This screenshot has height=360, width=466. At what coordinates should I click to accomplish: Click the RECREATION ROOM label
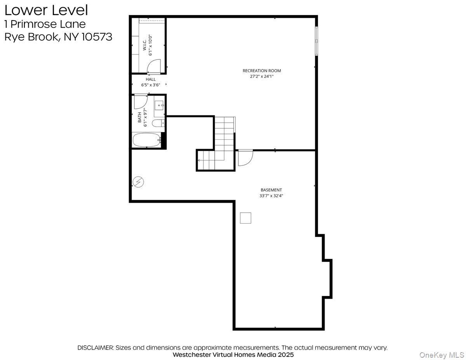click(x=261, y=71)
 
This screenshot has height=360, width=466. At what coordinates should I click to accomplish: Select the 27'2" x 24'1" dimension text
click(x=261, y=77)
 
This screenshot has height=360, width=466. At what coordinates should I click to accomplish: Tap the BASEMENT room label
click(x=271, y=190)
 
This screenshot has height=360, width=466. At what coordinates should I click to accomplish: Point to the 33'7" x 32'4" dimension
click(x=271, y=196)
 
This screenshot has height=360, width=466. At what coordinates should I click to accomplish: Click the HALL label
click(x=151, y=79)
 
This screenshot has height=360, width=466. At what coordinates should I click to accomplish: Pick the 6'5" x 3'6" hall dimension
click(x=151, y=85)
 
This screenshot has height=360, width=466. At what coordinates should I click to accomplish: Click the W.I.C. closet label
click(x=144, y=47)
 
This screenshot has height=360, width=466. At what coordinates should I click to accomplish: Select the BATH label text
click(x=140, y=118)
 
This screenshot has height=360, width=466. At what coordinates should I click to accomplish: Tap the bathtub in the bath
click(x=146, y=140)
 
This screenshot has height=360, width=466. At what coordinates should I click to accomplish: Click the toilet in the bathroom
click(x=158, y=123)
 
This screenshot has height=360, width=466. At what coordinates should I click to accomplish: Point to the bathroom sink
click(x=160, y=105)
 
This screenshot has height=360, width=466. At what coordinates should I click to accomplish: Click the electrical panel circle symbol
click(x=138, y=181)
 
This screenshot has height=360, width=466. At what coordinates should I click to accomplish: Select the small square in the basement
click(x=245, y=218)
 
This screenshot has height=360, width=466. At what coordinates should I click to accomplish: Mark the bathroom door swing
click(x=140, y=102)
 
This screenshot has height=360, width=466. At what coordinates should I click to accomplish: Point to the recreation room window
click(x=316, y=40)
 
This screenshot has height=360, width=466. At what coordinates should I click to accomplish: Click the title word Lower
click(x=23, y=10)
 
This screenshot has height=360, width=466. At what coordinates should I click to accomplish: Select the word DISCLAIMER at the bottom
click(x=95, y=348)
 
